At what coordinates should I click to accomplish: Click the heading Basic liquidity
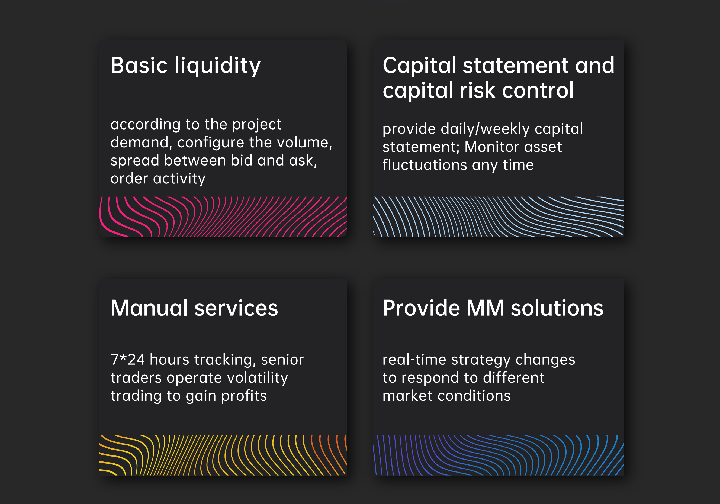[186, 66]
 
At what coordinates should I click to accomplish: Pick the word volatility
[257, 378]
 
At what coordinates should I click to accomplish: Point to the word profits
[244, 396]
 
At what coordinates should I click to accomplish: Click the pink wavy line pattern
[223, 217]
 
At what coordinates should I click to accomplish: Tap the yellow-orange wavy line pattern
[223, 455]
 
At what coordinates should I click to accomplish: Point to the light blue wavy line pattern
[498, 217]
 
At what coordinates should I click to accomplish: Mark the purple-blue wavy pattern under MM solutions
[498, 455]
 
